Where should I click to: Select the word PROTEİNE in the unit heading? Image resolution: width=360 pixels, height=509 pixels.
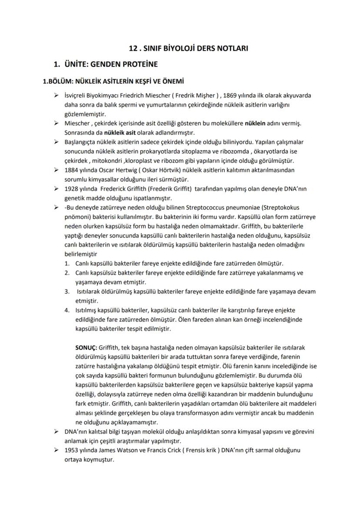click(x=137, y=64)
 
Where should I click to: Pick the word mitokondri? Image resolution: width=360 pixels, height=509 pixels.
click(x=100, y=160)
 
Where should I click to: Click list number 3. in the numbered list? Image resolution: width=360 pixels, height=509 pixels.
click(x=67, y=291)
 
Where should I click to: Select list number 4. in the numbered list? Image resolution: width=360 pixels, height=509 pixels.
click(x=67, y=310)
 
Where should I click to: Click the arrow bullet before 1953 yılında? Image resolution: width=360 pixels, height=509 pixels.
click(x=56, y=450)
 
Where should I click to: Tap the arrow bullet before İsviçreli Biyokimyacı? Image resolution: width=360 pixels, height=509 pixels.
click(x=56, y=95)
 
